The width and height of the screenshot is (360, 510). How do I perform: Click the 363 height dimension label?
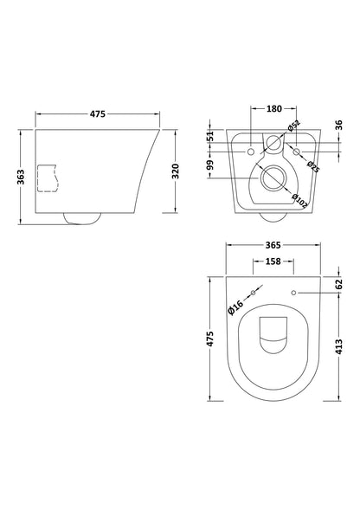pos(21,177)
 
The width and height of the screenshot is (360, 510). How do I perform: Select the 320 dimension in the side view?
pos(175,171)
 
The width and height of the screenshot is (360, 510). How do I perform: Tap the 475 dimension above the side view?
pos(98,113)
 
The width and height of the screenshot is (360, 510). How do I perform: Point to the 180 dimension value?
pos(274,108)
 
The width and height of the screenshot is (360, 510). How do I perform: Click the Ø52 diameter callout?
pos(293,126)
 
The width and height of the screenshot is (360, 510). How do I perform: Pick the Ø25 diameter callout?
pos(313,166)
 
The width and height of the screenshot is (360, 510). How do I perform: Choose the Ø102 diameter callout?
pos(299,201)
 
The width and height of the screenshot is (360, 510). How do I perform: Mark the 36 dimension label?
pos(338,125)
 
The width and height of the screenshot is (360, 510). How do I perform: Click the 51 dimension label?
pos(211,136)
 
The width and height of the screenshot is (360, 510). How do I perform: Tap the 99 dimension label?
pos(211,165)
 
